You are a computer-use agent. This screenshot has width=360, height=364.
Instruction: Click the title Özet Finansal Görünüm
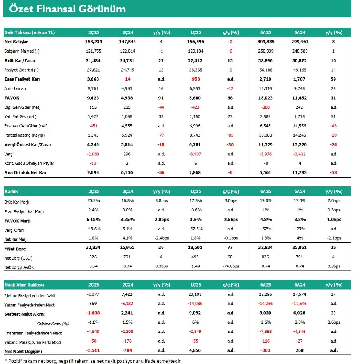click(67, 9)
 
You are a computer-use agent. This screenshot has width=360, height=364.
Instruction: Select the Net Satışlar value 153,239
click(93, 42)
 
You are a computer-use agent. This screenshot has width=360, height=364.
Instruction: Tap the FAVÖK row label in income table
click(12, 98)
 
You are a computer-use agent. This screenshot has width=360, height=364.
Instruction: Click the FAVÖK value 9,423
click(93, 98)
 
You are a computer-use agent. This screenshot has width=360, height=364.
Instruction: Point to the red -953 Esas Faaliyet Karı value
click(195, 79)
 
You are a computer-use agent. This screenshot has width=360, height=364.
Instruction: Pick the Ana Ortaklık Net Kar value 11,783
click(299, 172)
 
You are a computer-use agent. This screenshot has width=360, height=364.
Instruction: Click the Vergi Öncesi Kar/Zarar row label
click(28, 144)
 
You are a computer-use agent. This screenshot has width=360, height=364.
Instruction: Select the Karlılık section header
click(11, 192)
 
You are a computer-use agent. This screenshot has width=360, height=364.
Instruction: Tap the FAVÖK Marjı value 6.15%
click(93, 220)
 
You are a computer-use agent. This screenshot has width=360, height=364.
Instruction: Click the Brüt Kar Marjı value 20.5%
click(93, 200)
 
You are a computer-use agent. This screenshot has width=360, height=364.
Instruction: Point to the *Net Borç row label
click(15, 249)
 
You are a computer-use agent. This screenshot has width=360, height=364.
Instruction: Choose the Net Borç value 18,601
click(195, 248)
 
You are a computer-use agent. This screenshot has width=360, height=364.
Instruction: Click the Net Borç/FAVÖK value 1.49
click(196, 266)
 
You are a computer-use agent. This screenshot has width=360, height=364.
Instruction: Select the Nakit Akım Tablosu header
click(24, 285)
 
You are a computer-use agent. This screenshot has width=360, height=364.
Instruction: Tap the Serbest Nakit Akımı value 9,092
click(195, 313)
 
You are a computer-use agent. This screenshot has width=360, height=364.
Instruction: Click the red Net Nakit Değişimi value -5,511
click(93, 350)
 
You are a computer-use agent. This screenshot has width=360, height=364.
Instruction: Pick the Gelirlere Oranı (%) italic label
click(53, 324)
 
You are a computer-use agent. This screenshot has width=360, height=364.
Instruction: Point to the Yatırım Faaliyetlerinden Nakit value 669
click(93, 304)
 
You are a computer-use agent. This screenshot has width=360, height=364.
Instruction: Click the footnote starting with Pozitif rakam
click(93, 361)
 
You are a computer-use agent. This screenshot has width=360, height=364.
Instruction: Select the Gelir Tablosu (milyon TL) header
click(30, 32)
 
